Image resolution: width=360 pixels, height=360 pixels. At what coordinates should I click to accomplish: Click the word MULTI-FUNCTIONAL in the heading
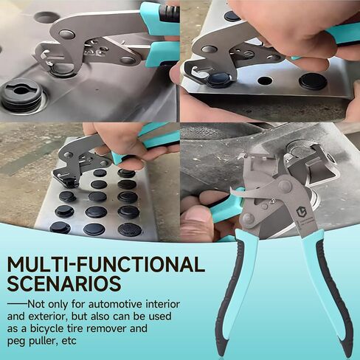coord(106,265)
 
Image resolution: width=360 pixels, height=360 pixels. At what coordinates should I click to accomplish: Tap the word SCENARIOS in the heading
coord(64,284)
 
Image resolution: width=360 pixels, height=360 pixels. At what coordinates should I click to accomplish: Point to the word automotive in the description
coord(115,305)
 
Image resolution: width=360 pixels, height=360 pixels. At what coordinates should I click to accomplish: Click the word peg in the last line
coord(14,342)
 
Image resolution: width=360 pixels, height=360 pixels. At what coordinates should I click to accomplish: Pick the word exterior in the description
coord(47,316)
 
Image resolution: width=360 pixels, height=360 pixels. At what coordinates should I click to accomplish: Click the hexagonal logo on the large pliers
coord(300,212)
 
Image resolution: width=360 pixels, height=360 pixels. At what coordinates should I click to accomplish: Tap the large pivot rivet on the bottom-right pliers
coord(285,187)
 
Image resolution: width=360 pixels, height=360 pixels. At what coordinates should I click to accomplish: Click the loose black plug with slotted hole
coord(22,94)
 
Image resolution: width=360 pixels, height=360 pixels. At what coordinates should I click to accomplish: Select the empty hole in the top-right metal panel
coord(265,80)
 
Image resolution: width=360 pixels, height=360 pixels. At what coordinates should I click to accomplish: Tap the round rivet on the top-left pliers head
coord(67,34)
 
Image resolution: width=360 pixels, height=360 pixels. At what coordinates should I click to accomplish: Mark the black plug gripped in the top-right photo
coord(219,80)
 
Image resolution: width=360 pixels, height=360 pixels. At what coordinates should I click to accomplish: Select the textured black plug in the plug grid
coord(130,229)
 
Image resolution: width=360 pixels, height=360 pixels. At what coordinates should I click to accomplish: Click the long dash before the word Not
coord(17,304)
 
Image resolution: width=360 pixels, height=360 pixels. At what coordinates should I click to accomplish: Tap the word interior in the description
coord(163,305)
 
